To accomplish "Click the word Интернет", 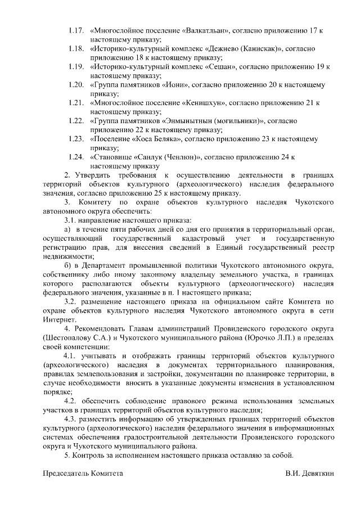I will point(59,319).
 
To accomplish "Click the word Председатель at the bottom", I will point(69,474).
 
